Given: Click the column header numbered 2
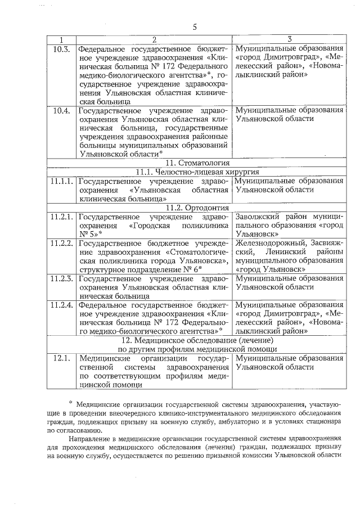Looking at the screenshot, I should (154, 39).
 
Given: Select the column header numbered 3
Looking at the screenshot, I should (289, 39).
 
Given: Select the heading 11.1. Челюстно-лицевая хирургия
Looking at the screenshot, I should (195, 172).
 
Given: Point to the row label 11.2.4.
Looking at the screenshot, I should (61, 304).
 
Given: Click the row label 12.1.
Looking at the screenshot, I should (61, 357).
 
